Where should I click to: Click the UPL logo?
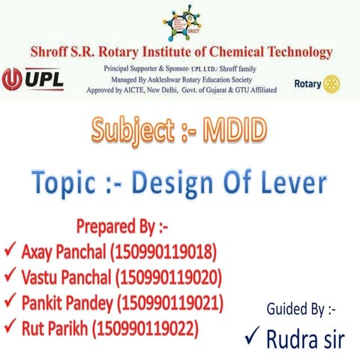tap(34, 79)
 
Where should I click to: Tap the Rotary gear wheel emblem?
tap(332, 82)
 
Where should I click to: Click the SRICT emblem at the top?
tap(180, 23)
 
